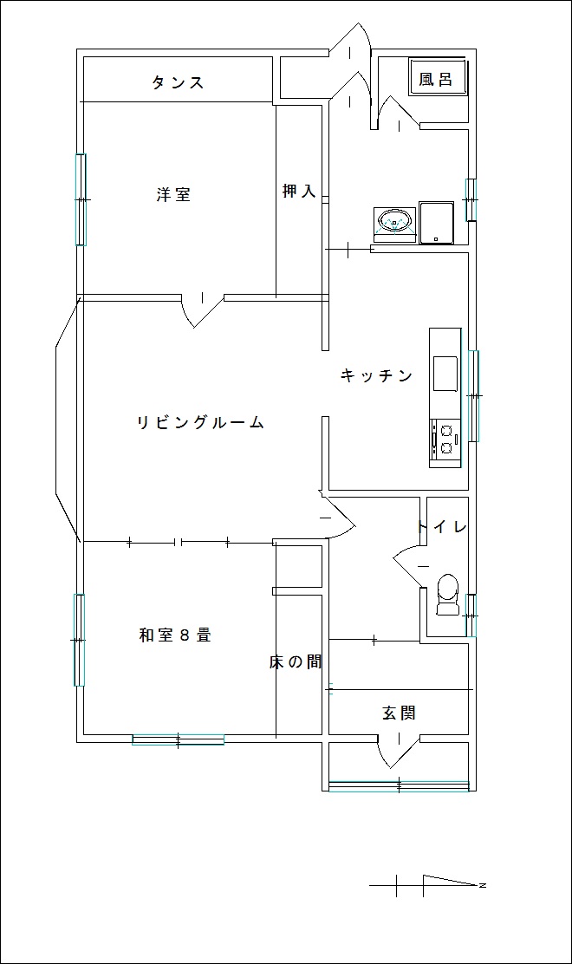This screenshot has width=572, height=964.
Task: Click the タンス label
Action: pyautogui.click(x=178, y=82)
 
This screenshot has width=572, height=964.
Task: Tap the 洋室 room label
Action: pyautogui.click(x=173, y=195)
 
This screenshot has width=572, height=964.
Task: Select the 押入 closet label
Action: pyautogui.click(x=299, y=192)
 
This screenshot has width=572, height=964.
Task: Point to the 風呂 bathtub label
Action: pyautogui.click(x=436, y=79)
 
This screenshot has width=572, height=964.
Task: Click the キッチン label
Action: pyautogui.click(x=376, y=375)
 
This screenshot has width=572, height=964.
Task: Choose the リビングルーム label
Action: pyautogui.click(x=200, y=422)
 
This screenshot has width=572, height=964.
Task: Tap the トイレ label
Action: pyautogui.click(x=442, y=527)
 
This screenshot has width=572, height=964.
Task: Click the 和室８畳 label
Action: pyautogui.click(x=176, y=635)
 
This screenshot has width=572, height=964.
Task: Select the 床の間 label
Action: pyautogui.click(x=296, y=662)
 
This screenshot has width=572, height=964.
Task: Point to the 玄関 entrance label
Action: pyautogui.click(x=399, y=713)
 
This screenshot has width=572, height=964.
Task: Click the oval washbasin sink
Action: pyautogui.click(x=393, y=220)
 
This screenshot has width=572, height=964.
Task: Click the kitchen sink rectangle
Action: pyautogui.click(x=445, y=373)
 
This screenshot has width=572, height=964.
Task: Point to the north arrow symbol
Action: pyautogui.click(x=428, y=885)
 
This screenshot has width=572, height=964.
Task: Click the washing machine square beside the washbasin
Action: pyautogui.click(x=436, y=223)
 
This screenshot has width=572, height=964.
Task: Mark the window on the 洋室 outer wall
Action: pyautogui.click(x=81, y=199)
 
